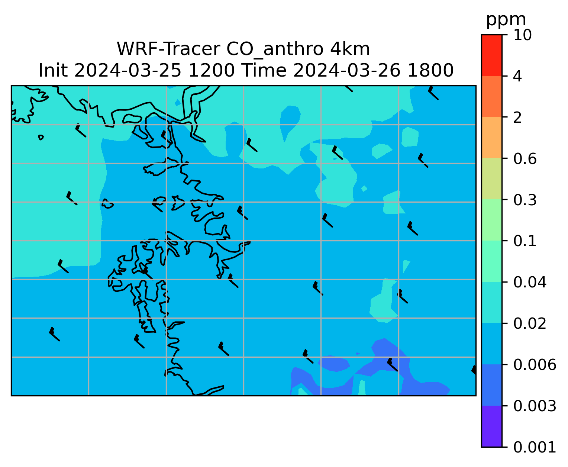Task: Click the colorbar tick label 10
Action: pyautogui.click(x=522, y=35)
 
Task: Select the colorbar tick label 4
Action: pyautogui.click(x=517, y=76)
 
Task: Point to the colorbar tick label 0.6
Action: pyautogui.click(x=525, y=159)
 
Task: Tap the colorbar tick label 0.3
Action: pyautogui.click(x=525, y=200)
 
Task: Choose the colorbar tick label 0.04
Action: pyautogui.click(x=529, y=282)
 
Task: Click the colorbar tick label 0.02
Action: pyautogui.click(x=529, y=323)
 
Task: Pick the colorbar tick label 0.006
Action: pyautogui.click(x=534, y=365)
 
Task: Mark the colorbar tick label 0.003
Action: pyautogui.click(x=534, y=406)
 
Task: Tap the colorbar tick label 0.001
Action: pyautogui.click(x=534, y=447)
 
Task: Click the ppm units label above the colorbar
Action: pyautogui.click(x=506, y=20)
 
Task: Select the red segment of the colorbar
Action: pyautogui.click(x=491, y=55)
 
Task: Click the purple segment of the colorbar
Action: pyautogui.click(x=491, y=426)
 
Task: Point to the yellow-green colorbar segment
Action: pyautogui.click(x=491, y=179)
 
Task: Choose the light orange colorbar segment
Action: pyautogui.click(x=491, y=137)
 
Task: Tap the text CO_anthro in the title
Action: pyautogui.click(x=275, y=50)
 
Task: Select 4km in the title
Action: pyautogui.click(x=350, y=49)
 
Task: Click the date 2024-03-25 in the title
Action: pyautogui.click(x=128, y=71)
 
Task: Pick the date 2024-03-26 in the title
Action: pyautogui.click(x=346, y=71)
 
